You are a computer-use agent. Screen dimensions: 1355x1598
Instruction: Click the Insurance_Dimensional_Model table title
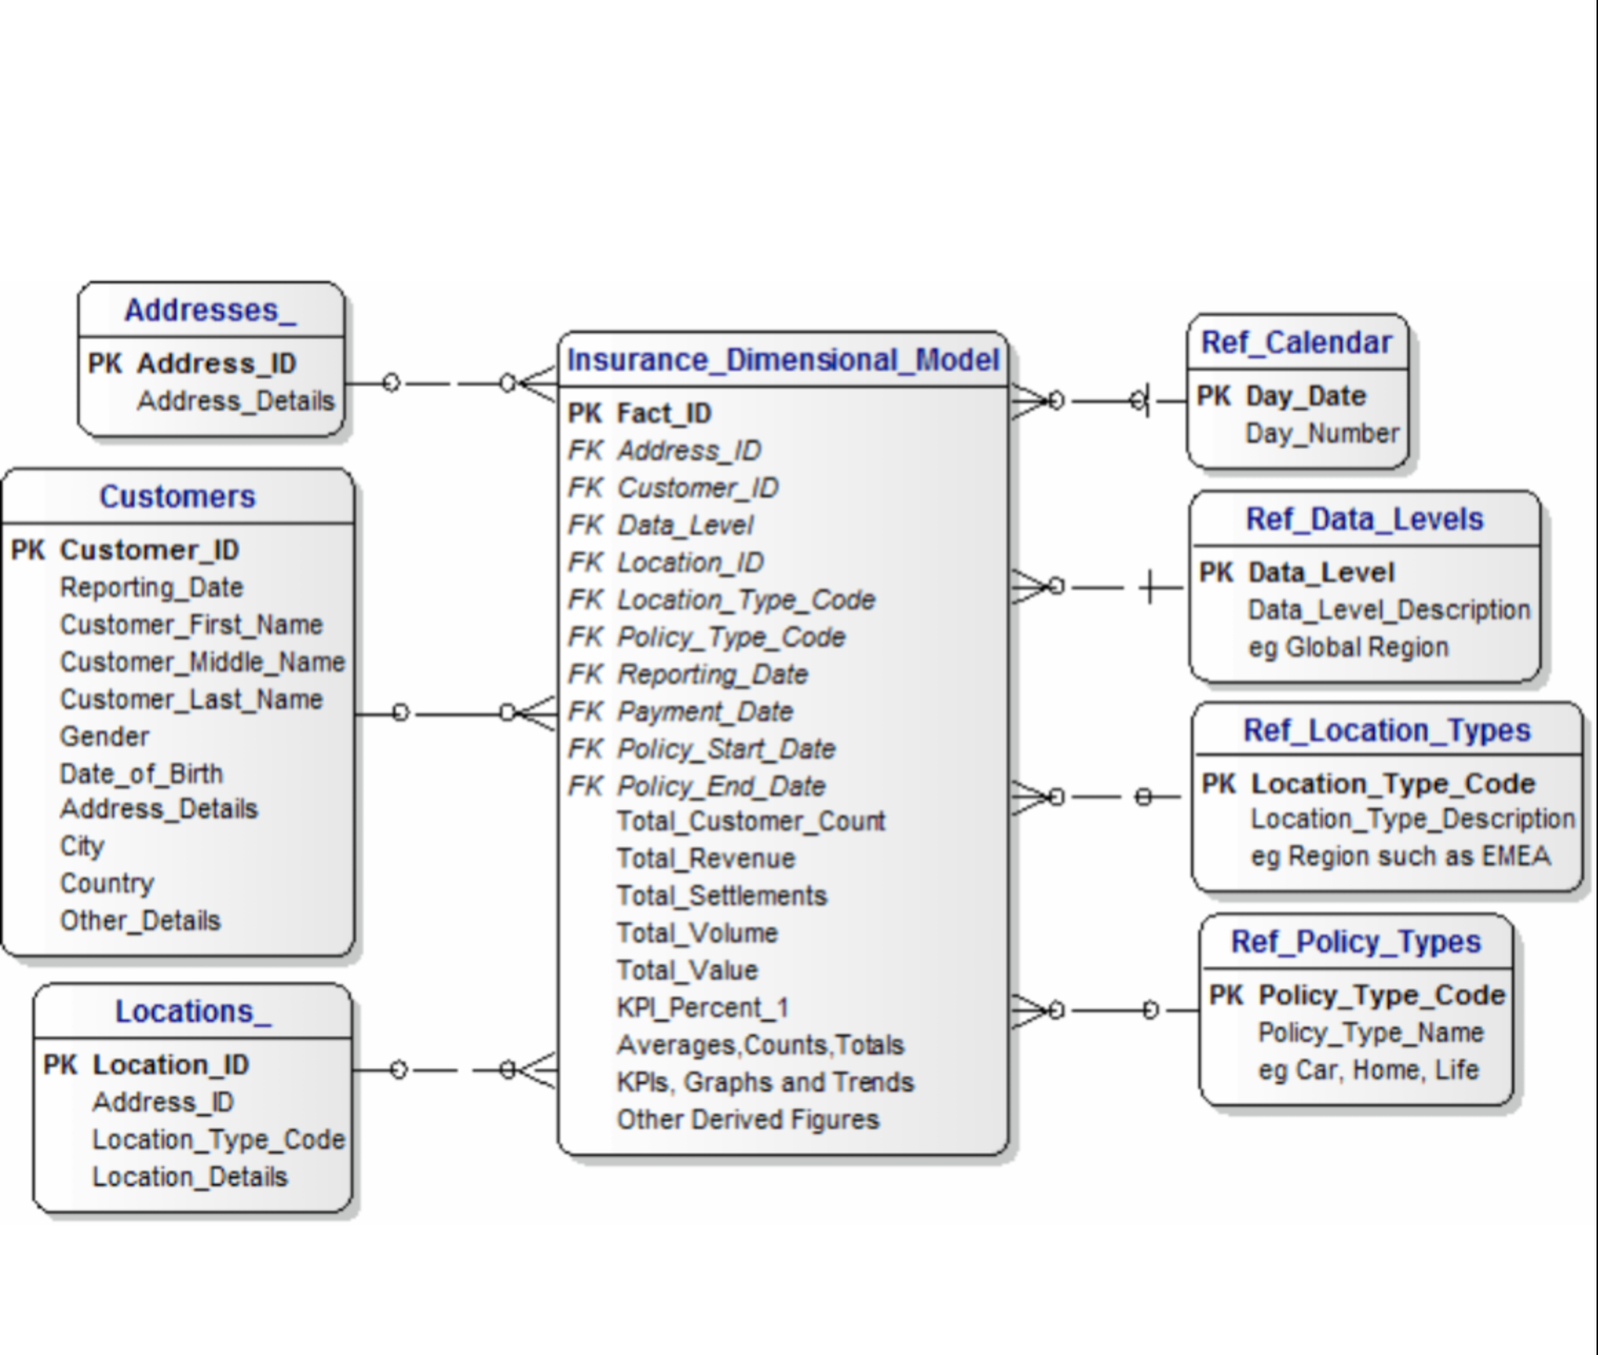[783, 360]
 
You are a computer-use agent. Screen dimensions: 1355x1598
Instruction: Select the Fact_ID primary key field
[664, 413]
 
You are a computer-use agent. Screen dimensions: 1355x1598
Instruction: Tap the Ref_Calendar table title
[1296, 343]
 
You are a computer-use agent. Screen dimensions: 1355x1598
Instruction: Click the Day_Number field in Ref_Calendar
[1321, 433]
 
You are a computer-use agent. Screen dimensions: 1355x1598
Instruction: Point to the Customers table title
[178, 497]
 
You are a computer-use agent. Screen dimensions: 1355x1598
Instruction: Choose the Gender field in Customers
[104, 736]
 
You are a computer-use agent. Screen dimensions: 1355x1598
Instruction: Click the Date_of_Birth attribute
[141, 773]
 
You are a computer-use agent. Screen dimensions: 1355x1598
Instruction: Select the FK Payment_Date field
[704, 711]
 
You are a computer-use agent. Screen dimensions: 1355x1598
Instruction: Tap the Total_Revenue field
[706, 858]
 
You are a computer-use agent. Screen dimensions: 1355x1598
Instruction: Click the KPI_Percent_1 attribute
[703, 1007]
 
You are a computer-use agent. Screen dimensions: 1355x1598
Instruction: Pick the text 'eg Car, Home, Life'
[1368, 1069]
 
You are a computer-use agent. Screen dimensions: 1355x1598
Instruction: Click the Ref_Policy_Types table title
[1355, 942]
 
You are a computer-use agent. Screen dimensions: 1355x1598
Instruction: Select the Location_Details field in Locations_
[189, 1176]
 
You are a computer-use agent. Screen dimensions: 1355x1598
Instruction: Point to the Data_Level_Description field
[1389, 610]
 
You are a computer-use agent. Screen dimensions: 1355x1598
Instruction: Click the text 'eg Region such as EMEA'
[1400, 855]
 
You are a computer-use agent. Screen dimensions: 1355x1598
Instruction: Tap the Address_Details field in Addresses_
[236, 400]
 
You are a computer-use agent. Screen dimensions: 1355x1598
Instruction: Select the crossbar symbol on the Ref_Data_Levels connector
[1150, 588]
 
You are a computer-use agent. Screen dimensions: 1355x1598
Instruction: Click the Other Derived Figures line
[747, 1119]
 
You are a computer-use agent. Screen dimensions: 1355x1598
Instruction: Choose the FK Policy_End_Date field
[721, 786]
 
